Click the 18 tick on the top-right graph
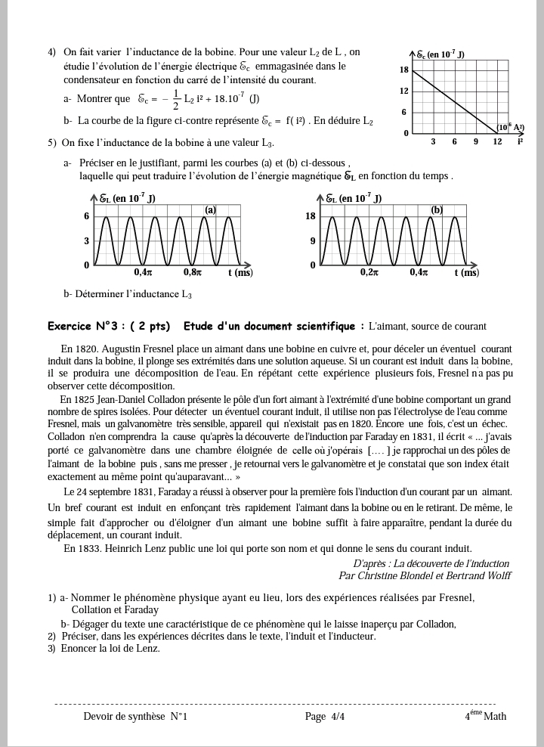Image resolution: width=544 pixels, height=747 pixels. tap(404, 70)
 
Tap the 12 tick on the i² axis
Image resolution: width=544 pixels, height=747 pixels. tap(496, 141)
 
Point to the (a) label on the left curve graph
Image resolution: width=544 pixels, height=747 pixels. tap(211, 209)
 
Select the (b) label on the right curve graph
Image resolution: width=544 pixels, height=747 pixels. tap(437, 209)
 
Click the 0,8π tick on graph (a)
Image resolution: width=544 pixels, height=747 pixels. tap(193, 272)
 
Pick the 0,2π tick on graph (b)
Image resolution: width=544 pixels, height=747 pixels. tap(369, 272)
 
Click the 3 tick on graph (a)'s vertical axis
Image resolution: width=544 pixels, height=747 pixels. tap(86, 241)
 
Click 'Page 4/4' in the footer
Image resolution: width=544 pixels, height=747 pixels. tap(325, 716)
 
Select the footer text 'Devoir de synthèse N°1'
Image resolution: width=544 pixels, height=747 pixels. tap(135, 716)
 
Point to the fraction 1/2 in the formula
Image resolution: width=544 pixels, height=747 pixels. tap(176, 99)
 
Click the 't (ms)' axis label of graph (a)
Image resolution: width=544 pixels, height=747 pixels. tap(240, 272)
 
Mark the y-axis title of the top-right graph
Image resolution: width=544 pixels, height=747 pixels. tap(440, 55)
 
